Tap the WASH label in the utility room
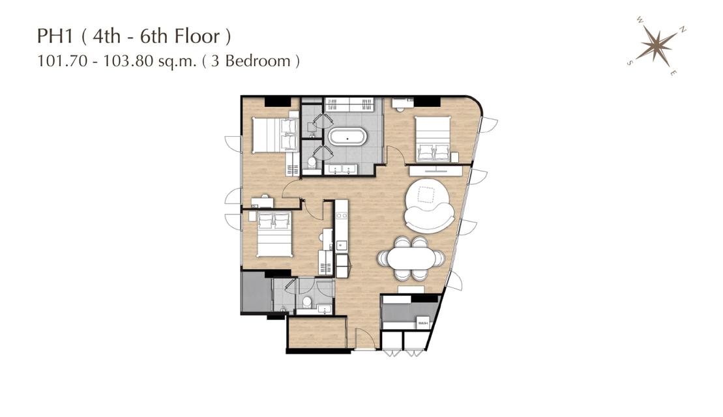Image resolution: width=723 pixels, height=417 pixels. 423,323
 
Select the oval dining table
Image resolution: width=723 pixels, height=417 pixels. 411,259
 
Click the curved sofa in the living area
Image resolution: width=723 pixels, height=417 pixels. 430,206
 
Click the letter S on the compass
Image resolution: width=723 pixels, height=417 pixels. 630,63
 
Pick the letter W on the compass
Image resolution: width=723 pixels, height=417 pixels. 640,20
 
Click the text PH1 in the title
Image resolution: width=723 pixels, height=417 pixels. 55,36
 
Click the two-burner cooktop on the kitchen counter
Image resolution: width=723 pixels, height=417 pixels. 342,215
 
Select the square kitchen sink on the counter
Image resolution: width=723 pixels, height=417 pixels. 342,245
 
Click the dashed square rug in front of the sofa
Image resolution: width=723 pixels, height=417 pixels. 426,195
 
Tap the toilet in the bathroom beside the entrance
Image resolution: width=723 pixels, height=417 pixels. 306,302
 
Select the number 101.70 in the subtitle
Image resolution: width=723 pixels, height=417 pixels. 62,61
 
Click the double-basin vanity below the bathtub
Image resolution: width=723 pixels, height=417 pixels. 341,169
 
